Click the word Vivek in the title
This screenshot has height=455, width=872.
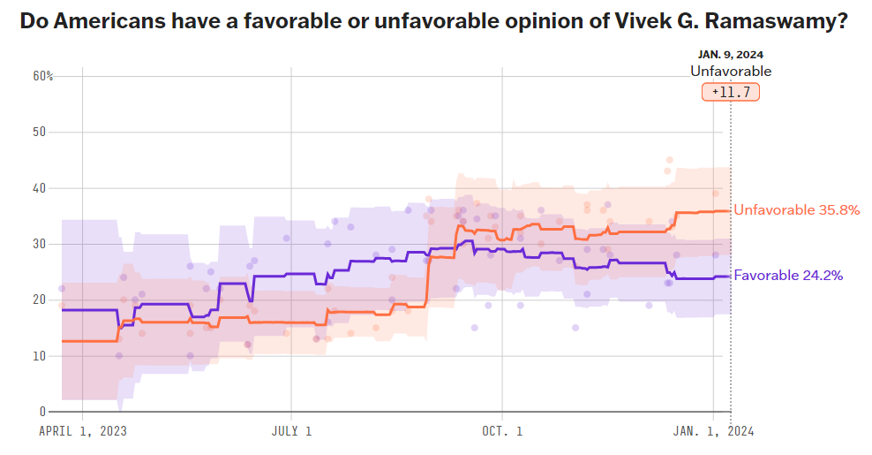tap(631, 22)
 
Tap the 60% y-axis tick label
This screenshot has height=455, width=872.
tap(43, 76)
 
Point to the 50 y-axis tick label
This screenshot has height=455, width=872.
tap(39, 132)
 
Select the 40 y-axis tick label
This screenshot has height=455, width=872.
tap(39, 188)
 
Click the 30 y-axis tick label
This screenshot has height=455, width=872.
tap(39, 244)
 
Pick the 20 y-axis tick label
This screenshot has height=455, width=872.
tap(39, 300)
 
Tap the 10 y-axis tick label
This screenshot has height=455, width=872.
tap(39, 356)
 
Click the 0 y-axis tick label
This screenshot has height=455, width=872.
tap(41, 412)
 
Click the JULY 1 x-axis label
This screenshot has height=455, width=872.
tap(290, 431)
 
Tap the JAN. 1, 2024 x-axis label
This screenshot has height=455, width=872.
tap(713, 431)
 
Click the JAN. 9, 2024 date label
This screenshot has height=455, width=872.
tap(730, 55)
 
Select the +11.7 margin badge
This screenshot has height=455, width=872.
tap(731, 92)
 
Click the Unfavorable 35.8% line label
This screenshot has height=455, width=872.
tap(797, 210)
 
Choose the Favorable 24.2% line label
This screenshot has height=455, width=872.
tap(788, 276)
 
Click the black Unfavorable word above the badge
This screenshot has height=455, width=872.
tap(731, 72)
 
